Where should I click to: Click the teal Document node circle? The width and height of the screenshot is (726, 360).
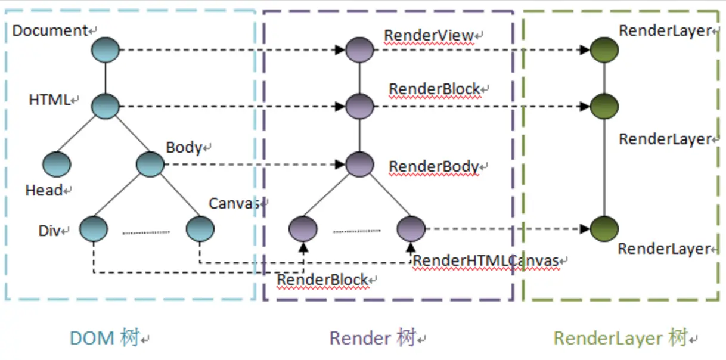[106, 50]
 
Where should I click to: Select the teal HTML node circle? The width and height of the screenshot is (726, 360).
[106, 107]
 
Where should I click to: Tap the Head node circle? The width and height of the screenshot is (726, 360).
[57, 164]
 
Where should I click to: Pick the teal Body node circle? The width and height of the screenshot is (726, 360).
[150, 164]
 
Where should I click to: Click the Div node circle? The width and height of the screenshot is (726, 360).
[94, 229]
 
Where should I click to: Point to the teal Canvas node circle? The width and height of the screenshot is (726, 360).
[200, 229]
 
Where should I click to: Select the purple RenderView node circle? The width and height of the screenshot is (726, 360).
[359, 50]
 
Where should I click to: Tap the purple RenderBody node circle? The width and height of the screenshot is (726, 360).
[359, 164]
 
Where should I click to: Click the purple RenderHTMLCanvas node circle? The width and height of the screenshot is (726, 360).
[411, 228]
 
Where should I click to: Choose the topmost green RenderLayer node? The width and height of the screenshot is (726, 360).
[604, 50]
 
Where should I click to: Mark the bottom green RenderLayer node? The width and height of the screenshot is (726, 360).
[604, 229]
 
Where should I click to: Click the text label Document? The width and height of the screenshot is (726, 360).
[50, 30]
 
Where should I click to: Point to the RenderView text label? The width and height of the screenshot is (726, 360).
[429, 35]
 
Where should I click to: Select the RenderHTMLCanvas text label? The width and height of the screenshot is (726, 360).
[486, 260]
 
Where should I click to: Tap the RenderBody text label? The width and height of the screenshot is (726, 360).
[434, 167]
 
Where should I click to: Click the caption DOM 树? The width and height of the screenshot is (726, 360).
[104, 339]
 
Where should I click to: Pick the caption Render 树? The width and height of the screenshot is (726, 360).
[373, 339]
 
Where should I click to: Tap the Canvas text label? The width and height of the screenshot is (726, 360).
[234, 203]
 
